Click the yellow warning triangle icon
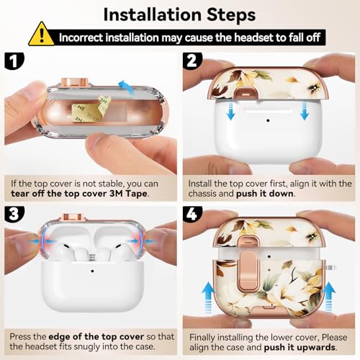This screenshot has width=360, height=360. tap(41, 35)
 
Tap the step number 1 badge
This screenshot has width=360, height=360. tap(14, 61)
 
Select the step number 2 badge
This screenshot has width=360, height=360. tap(192, 61)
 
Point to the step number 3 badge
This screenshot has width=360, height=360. tap(14, 214)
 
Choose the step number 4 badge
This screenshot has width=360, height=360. tap(192, 214)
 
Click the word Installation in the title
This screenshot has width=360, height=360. tap(153, 15)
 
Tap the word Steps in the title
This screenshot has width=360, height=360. tap(231, 15)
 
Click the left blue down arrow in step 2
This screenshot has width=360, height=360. tap(230, 110)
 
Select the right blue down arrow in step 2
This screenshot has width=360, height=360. tap(305, 110)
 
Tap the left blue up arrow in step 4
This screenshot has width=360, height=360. tap(208, 297)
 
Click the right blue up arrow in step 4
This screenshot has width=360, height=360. tap(328, 297)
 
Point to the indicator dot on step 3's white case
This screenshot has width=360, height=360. tap(92, 271)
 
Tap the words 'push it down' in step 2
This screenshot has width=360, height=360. tap(265, 194)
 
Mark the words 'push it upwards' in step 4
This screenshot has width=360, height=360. tap(300, 348)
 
